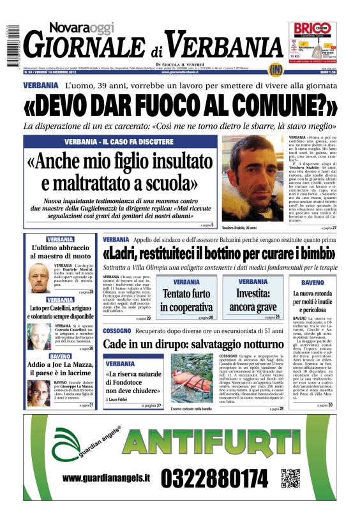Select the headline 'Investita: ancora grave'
(x=257, y=301)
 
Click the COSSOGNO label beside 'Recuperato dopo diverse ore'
(x=117, y=331)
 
